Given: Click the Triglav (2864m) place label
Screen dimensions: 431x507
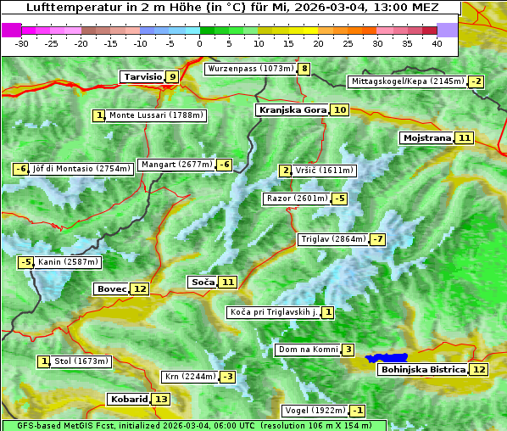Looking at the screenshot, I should [x=333, y=239].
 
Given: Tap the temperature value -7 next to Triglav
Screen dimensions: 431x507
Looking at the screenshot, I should [x=377, y=239].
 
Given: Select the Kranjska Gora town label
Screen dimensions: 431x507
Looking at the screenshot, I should [x=292, y=109].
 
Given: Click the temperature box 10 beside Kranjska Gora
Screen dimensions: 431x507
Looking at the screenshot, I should [x=339, y=109].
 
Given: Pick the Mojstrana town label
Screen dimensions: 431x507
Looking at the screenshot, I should [x=426, y=137].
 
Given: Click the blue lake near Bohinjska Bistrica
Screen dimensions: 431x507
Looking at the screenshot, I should [x=387, y=358].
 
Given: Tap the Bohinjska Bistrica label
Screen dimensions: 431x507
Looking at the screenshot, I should [x=423, y=369].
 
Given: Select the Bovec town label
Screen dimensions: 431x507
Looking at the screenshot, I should [x=111, y=288].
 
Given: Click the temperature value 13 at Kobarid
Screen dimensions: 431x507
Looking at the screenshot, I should [x=161, y=399].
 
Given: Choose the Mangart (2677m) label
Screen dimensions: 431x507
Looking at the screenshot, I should [x=176, y=165].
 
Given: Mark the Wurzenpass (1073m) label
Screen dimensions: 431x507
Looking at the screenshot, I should [x=251, y=69].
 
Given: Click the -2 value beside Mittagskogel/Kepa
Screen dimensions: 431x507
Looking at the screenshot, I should [x=476, y=81].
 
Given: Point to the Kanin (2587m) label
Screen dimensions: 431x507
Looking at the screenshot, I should [x=69, y=262].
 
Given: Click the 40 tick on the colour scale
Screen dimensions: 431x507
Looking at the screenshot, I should [x=437, y=43].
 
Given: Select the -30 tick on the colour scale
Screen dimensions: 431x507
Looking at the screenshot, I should [x=22, y=43].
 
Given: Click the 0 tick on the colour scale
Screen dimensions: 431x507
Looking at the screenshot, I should [x=199, y=43].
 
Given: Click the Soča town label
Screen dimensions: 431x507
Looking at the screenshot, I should [x=202, y=282].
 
